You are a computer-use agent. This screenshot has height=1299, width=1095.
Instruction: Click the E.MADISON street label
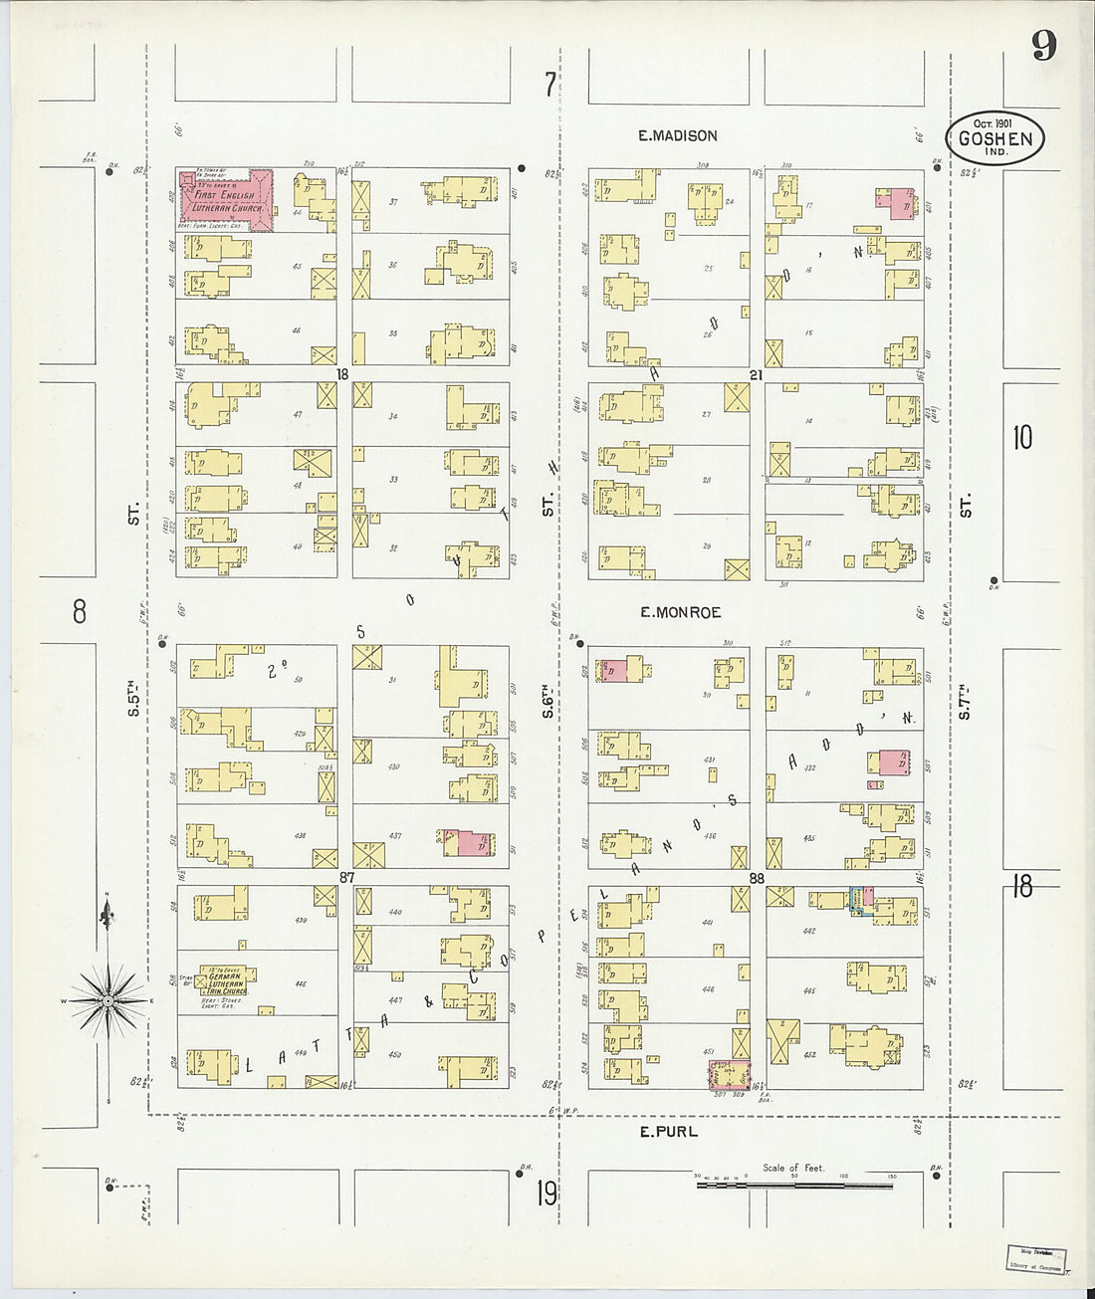point(677,135)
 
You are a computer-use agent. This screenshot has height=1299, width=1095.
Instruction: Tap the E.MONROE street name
point(681,612)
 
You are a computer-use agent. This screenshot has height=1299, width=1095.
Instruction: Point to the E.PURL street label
point(668,1131)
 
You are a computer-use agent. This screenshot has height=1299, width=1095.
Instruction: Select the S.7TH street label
point(965,700)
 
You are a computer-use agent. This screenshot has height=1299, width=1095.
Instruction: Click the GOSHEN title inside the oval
point(994,138)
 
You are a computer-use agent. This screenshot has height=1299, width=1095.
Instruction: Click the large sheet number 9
point(1043,47)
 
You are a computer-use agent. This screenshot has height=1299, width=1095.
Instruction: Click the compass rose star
point(109,998)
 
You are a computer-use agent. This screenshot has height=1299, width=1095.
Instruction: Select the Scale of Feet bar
point(794,1186)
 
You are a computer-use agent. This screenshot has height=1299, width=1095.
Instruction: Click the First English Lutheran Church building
point(226,200)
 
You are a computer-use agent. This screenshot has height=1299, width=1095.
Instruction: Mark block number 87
point(346,877)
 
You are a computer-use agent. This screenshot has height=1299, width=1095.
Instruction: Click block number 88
point(756,877)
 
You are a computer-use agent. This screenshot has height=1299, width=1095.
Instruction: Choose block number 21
point(756,374)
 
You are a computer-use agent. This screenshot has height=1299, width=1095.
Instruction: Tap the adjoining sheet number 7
point(548,86)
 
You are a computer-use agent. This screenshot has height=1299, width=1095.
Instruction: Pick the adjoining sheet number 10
point(1022,437)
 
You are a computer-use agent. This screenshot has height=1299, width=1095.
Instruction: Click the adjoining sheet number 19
point(547,1192)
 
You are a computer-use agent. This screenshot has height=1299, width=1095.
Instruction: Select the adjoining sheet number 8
point(80,611)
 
